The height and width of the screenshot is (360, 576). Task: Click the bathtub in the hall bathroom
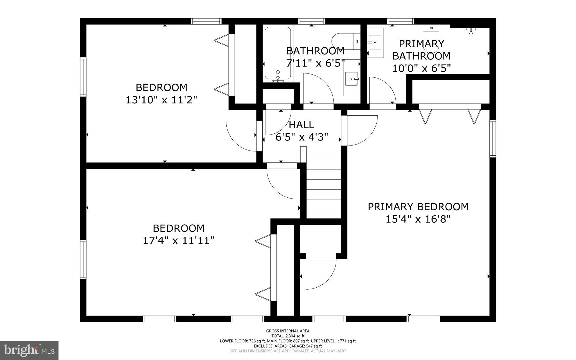click(278, 53)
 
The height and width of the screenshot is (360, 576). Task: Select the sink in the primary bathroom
click(375, 43)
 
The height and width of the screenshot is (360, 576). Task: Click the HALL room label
click(301, 125)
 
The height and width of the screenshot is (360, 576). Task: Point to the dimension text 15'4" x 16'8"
click(418, 219)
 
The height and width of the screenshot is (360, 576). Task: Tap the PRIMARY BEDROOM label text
click(418, 207)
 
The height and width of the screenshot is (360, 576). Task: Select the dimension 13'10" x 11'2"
click(161, 100)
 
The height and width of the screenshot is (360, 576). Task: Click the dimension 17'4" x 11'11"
click(178, 241)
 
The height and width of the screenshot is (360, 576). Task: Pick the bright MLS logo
click(29, 350)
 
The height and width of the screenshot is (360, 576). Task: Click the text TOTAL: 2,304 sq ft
click(288, 336)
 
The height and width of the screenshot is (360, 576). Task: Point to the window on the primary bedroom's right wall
click(492, 138)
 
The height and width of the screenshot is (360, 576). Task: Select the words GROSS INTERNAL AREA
click(288, 331)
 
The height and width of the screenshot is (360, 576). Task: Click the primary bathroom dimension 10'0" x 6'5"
click(421, 68)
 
